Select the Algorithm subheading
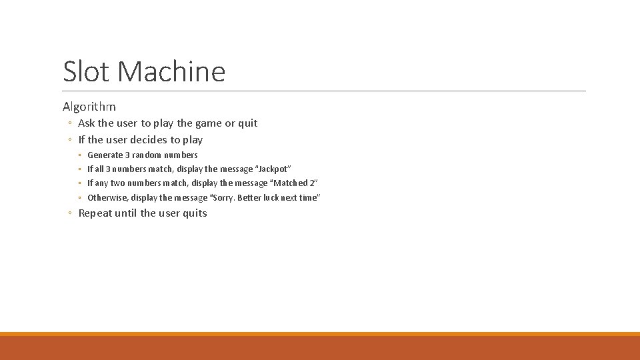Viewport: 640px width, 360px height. (x=89, y=107)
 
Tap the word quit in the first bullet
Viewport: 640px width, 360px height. (x=247, y=123)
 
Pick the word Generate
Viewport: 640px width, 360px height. (x=105, y=155)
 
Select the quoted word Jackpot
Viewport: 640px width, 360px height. (x=271, y=169)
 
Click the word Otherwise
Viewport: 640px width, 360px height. (x=107, y=198)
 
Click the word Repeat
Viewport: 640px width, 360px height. (x=95, y=213)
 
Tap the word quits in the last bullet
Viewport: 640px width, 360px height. (x=194, y=213)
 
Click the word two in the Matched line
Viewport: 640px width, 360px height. (x=118, y=183)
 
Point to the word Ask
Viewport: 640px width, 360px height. (x=87, y=123)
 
